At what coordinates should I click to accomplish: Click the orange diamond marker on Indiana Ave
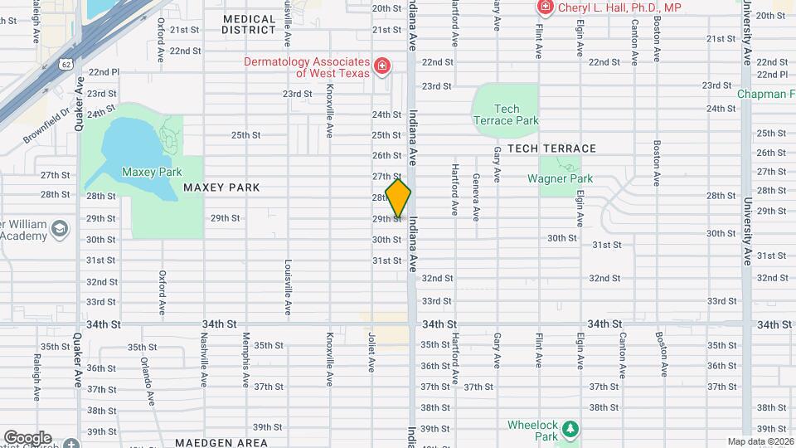pos(398,199)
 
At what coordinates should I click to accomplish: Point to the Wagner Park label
pos(560,178)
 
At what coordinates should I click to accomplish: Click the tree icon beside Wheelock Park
pos(570,428)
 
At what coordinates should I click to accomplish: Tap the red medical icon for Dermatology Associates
pos(381,66)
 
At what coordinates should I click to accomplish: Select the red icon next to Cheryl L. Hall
pos(545,8)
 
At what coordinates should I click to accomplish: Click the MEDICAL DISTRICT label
pos(249,24)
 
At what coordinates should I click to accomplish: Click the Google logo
pos(27,437)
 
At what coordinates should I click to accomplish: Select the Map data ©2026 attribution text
pos(760,441)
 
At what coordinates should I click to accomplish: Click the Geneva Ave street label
pos(476,197)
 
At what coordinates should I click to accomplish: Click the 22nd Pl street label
pos(104,72)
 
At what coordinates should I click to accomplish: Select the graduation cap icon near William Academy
pos(60,227)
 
